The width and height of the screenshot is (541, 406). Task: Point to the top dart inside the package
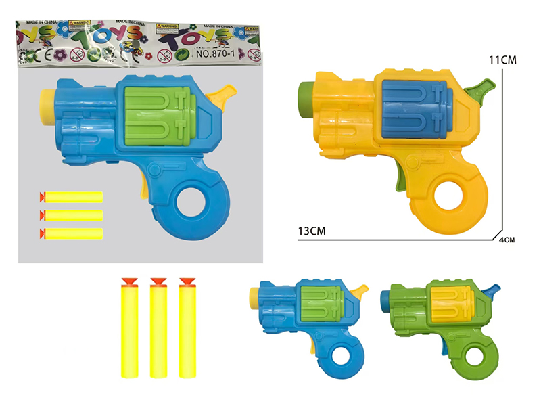click(x=73, y=197)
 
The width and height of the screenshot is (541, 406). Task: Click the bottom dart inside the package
click(x=73, y=233)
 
